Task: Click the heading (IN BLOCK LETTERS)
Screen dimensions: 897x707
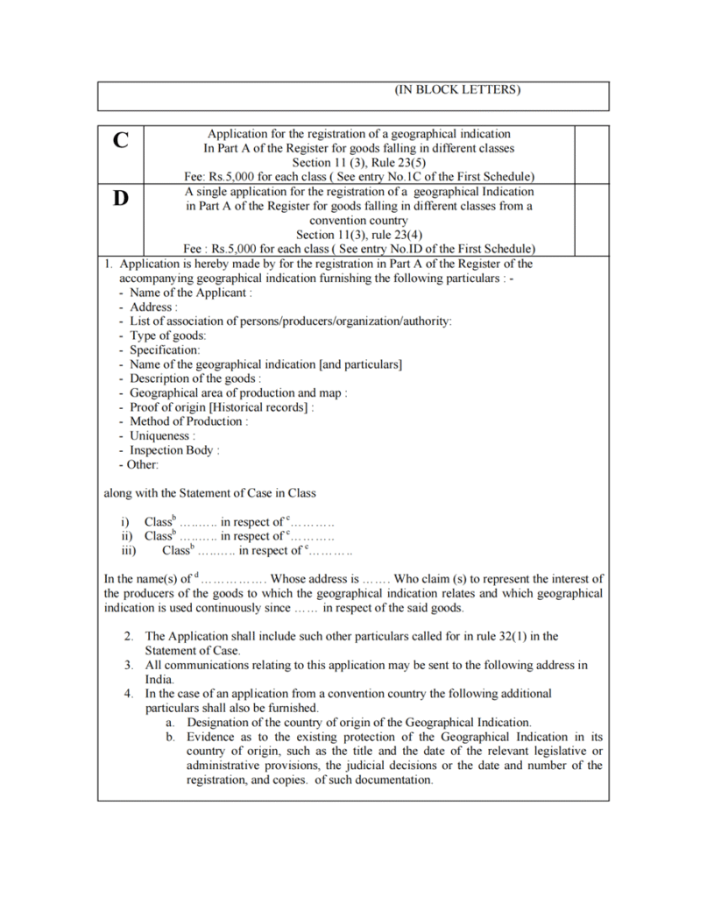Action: coord(457,90)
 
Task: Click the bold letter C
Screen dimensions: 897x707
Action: coord(121,140)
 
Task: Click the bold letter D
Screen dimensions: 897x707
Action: coord(121,198)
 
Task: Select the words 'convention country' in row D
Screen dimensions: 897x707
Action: coord(358,221)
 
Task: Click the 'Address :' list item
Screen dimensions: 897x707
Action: coord(153,307)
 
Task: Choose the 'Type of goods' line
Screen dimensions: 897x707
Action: coord(167,335)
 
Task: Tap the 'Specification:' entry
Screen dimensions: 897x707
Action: coord(165,350)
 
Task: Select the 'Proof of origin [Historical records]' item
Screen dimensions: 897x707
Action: coord(222,407)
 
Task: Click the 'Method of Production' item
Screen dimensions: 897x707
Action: coord(188,421)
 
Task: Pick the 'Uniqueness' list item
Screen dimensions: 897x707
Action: coord(163,435)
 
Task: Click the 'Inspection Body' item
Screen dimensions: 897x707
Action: coord(174,450)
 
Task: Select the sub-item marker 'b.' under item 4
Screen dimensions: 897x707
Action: coord(171,738)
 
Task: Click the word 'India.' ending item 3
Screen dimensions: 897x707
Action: coord(160,679)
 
